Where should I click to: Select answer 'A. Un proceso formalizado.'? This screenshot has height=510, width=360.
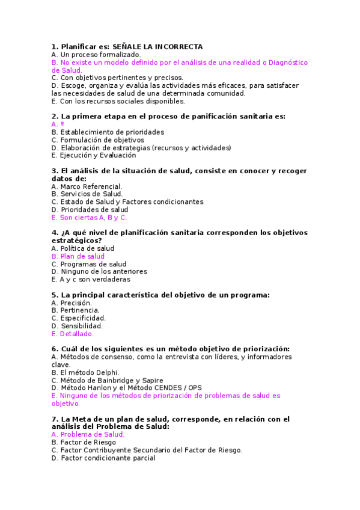96,54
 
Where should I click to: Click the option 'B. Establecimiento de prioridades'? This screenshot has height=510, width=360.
108,132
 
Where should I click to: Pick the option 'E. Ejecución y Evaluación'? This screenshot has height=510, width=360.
94,155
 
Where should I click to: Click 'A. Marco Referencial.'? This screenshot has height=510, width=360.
87,186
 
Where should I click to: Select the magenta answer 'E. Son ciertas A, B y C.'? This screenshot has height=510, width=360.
90,218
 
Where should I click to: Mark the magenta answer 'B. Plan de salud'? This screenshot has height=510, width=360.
78,256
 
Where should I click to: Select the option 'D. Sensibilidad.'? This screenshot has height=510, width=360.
77,327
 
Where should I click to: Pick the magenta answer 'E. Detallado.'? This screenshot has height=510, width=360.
73,334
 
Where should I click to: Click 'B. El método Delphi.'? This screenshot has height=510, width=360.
85,373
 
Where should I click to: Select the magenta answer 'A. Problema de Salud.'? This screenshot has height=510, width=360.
88,434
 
